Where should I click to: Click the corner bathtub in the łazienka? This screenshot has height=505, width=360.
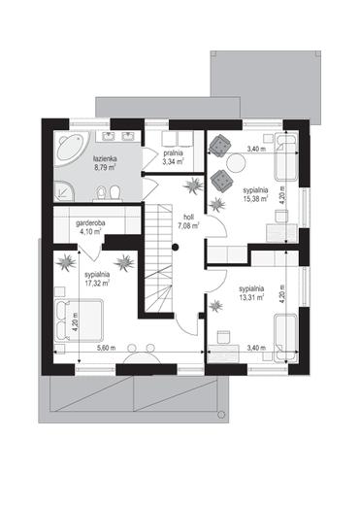(71, 151)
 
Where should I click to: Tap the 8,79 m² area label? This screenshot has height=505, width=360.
(105, 168)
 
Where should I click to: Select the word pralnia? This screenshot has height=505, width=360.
(174, 152)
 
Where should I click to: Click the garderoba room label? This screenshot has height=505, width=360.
(90, 223)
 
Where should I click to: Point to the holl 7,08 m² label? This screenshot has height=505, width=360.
(188, 221)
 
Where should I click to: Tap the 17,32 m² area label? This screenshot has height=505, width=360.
(97, 283)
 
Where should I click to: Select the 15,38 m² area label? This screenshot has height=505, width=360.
(255, 198)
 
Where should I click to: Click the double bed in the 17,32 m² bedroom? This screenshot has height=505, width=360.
(79, 320)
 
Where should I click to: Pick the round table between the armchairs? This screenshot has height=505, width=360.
(236, 163)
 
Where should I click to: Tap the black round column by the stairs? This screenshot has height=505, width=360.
(176, 248)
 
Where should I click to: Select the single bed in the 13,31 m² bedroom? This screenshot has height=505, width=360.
(285, 338)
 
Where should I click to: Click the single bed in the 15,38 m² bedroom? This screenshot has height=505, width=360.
(286, 157)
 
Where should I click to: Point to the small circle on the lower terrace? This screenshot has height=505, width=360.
(221, 414)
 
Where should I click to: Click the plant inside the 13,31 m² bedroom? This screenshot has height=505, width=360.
(215, 306)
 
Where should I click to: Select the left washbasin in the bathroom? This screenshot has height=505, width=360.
(108, 136)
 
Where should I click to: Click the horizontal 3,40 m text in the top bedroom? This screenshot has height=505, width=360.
(256, 150)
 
